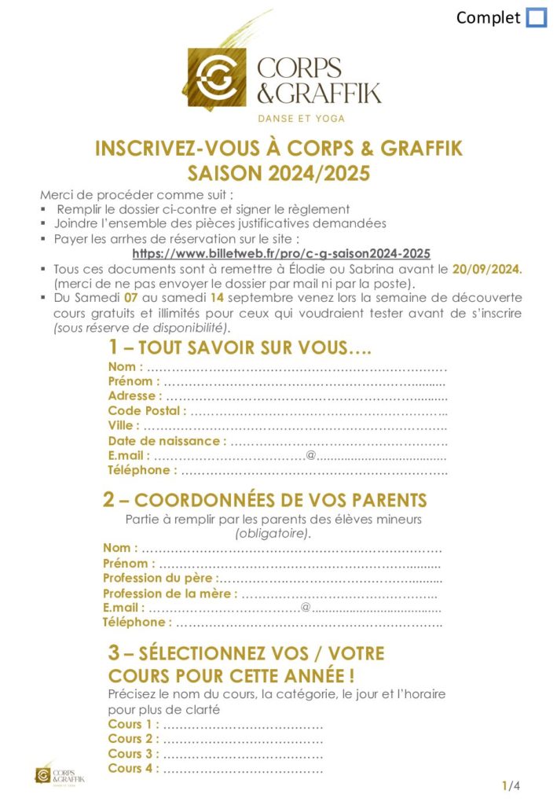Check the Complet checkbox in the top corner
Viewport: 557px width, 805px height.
[x=536, y=17]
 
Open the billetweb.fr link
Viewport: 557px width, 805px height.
[x=281, y=253]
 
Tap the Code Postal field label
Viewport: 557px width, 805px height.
[x=148, y=410]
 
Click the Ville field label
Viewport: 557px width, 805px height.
[x=124, y=425]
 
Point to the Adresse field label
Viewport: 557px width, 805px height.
[x=135, y=395]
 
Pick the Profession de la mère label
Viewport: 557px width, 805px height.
[x=169, y=593]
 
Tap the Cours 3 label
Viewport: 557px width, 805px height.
[x=133, y=754]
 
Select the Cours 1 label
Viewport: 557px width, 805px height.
[x=133, y=724]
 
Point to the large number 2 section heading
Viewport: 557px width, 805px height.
[x=109, y=500]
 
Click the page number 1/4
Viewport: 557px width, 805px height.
[x=511, y=785]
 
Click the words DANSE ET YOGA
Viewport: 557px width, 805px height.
[x=302, y=119]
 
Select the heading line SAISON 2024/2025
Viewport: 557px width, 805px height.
[x=278, y=173]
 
